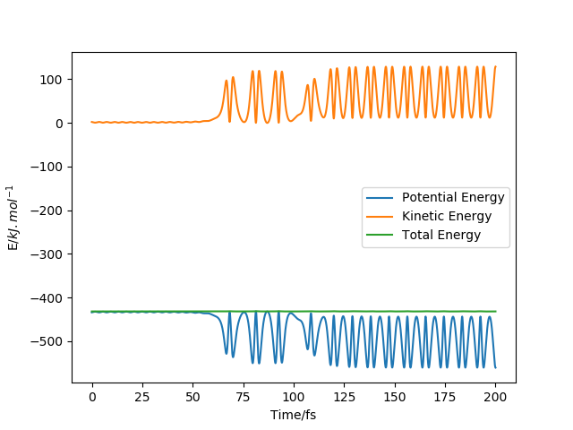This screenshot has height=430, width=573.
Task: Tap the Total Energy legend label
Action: pyautogui.click(x=441, y=236)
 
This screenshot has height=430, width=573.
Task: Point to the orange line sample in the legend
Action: pyautogui.click(x=381, y=217)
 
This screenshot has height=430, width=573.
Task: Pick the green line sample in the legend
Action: pyautogui.click(x=381, y=236)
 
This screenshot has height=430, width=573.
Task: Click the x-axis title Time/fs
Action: pyautogui.click(x=294, y=415)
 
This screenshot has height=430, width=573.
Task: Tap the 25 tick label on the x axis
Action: pyautogui.click(x=142, y=397)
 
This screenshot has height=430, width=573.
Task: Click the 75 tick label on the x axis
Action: pyautogui.click(x=244, y=397)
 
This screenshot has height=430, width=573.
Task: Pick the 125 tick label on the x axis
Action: pyautogui.click(x=344, y=397)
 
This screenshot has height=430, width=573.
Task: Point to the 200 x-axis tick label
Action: pyautogui.click(x=495, y=397)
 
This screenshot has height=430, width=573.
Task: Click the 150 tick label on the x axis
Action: pyautogui.click(x=395, y=397)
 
